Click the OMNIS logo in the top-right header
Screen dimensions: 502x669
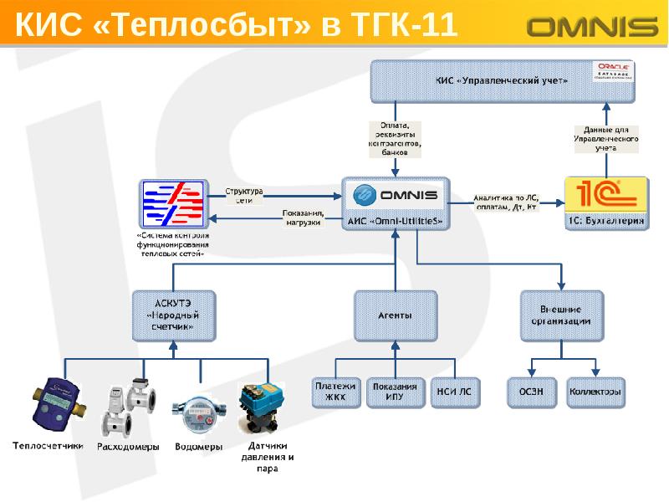pos(592,28)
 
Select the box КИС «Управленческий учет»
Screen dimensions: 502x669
pos(502,81)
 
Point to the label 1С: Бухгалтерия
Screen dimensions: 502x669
pos(606,222)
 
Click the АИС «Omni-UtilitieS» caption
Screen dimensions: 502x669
pos(395,221)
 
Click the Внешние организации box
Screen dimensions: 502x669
pos(561,315)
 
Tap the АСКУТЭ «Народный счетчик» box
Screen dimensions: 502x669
pos(174,316)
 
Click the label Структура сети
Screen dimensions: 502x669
pos(244,195)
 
